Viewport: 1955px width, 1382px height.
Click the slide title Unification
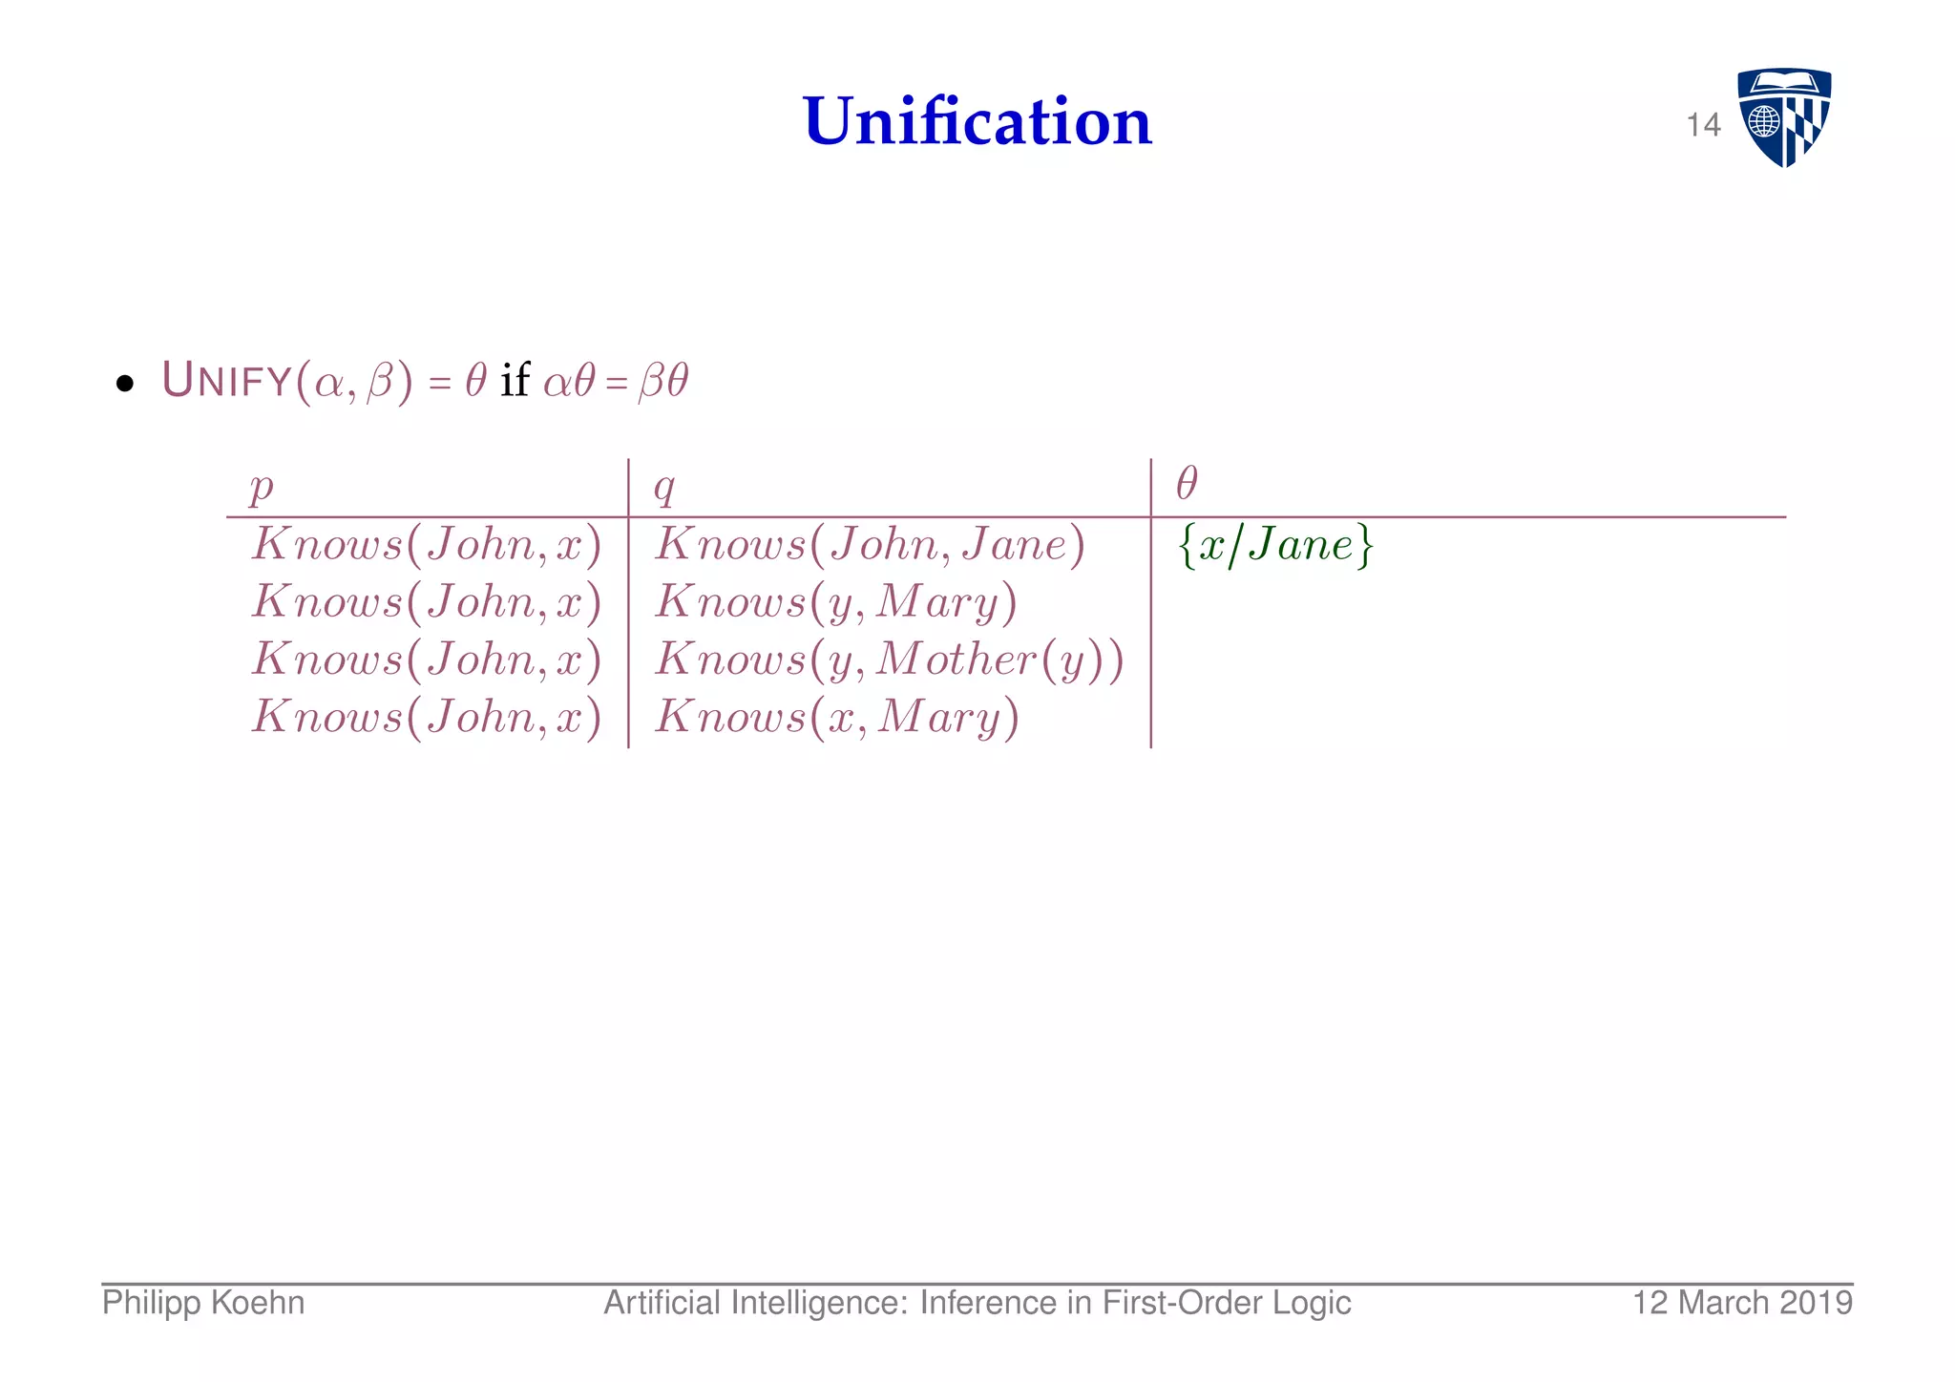[977, 122]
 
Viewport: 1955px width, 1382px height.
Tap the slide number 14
[1703, 125]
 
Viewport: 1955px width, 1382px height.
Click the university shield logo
[1783, 117]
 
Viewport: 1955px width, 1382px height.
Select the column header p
[261, 487]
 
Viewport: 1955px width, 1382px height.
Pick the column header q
[664, 487]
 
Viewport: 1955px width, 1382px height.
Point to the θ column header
[1187, 484]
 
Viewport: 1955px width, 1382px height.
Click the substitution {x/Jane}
[1276, 546]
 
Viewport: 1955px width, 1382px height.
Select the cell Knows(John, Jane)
[870, 546]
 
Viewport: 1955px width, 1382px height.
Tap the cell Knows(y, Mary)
[836, 603]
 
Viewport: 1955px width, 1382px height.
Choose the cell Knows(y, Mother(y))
[889, 660]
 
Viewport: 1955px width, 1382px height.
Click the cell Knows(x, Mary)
[836, 718]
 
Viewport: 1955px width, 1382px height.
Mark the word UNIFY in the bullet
[227, 381]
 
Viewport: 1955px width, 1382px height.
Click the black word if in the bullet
[515, 381]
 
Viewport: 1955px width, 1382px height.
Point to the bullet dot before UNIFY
[124, 385]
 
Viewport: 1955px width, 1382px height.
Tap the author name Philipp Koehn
[203, 1303]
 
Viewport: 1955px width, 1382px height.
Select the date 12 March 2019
[1742, 1303]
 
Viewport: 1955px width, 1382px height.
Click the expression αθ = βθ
[616, 382]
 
